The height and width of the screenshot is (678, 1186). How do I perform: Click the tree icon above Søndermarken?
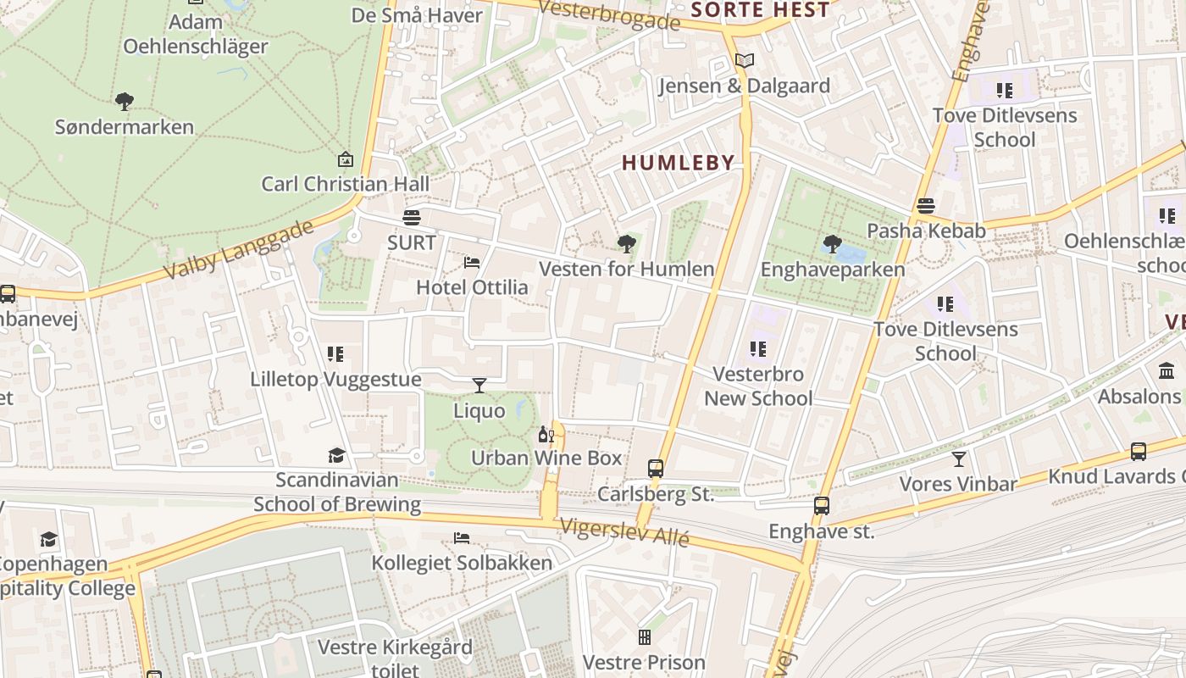pos(125,102)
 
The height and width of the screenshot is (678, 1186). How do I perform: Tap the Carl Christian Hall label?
pos(345,184)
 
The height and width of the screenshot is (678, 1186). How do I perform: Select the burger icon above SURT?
pos(412,218)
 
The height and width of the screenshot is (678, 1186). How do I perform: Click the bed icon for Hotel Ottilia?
pos(472,263)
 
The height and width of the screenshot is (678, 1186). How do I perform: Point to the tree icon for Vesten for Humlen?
pos(627,245)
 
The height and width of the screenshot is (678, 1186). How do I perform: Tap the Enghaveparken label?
pos(832,270)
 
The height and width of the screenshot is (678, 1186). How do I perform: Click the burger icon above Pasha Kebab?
pos(925,206)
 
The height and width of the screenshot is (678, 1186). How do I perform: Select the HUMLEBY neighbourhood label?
pos(678,164)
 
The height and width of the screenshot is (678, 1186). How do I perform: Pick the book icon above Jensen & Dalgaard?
pos(744,61)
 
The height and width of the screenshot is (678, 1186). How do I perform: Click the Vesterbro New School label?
pos(758,386)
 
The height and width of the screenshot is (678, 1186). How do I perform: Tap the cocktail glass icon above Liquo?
pos(479,386)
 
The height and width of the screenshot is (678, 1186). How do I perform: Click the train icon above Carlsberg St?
pos(656,468)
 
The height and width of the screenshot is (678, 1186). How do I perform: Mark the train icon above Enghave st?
pos(821,506)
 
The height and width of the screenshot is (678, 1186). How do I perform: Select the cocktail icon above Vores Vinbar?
pos(958,459)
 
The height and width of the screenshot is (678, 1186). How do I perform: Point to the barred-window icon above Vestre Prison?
pos(645,636)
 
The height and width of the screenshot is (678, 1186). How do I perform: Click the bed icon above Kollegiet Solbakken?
pos(462,538)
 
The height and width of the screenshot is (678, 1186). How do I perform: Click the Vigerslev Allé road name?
pos(623,532)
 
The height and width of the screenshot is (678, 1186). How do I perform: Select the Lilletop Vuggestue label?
pos(335,379)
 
